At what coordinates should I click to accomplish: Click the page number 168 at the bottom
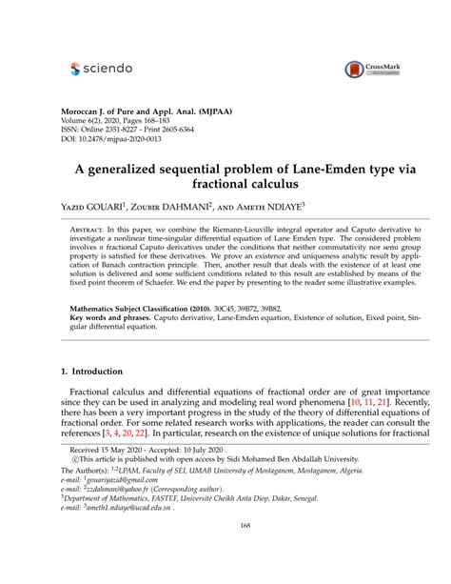tap(225, 551)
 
